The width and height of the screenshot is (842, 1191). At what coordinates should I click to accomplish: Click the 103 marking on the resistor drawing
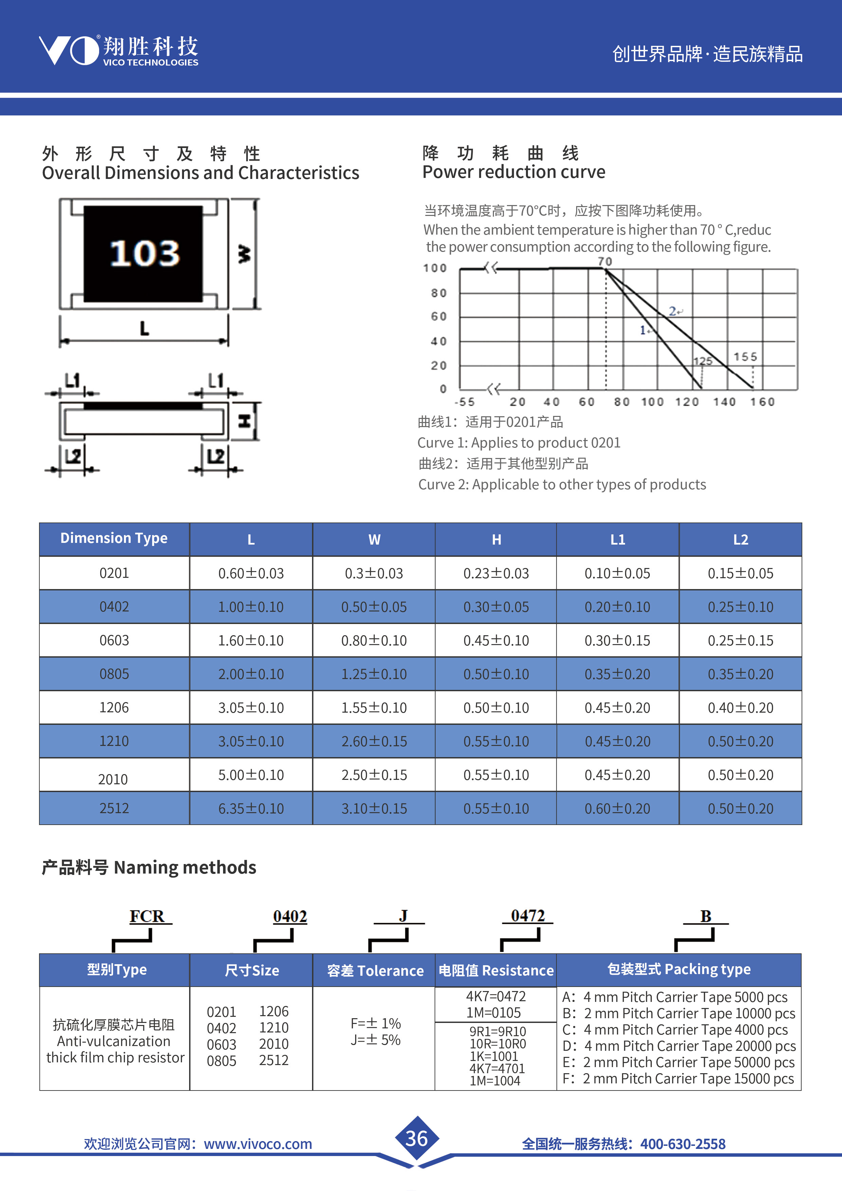145,253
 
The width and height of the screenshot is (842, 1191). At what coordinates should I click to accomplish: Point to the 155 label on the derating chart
745,357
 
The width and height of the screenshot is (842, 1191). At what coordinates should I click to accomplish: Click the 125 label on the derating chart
703,361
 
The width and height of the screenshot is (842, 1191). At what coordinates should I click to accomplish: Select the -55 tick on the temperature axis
464,402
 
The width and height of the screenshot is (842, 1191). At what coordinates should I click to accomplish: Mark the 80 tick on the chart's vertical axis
438,293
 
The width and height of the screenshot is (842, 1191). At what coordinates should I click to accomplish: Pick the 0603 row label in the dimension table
114,641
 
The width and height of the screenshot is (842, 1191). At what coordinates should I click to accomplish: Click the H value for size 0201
496,574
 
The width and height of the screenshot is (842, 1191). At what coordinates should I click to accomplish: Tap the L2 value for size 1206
740,708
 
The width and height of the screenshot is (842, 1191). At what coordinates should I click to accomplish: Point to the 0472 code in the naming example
528,916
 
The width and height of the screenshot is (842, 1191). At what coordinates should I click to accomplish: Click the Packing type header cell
679,970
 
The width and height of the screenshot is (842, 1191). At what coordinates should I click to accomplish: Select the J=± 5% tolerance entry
376,1040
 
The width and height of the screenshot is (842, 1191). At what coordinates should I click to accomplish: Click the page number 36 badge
417,1139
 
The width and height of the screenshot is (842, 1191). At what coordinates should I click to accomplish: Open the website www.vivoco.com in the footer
258,1144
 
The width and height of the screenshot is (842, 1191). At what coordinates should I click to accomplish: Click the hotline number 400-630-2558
683,1144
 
